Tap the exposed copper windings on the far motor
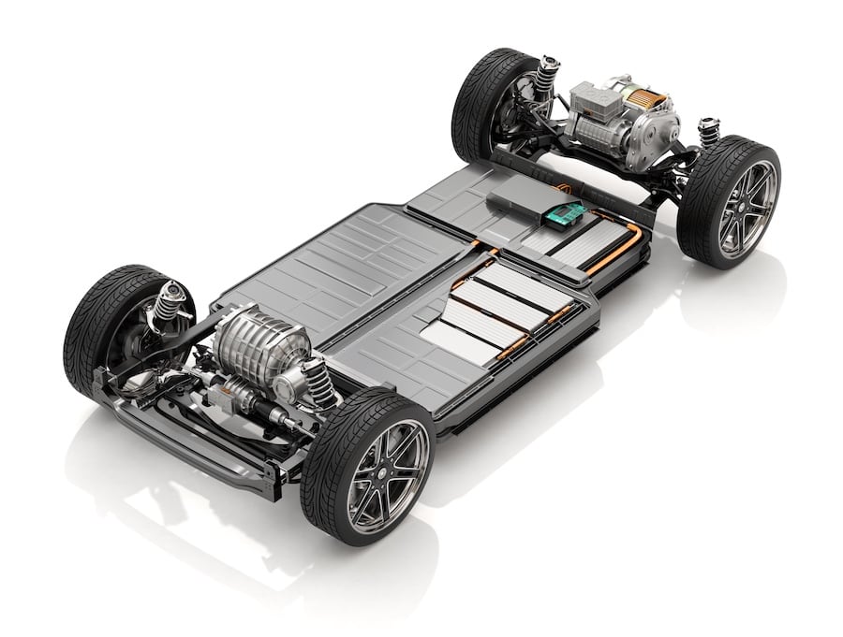(645, 97)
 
